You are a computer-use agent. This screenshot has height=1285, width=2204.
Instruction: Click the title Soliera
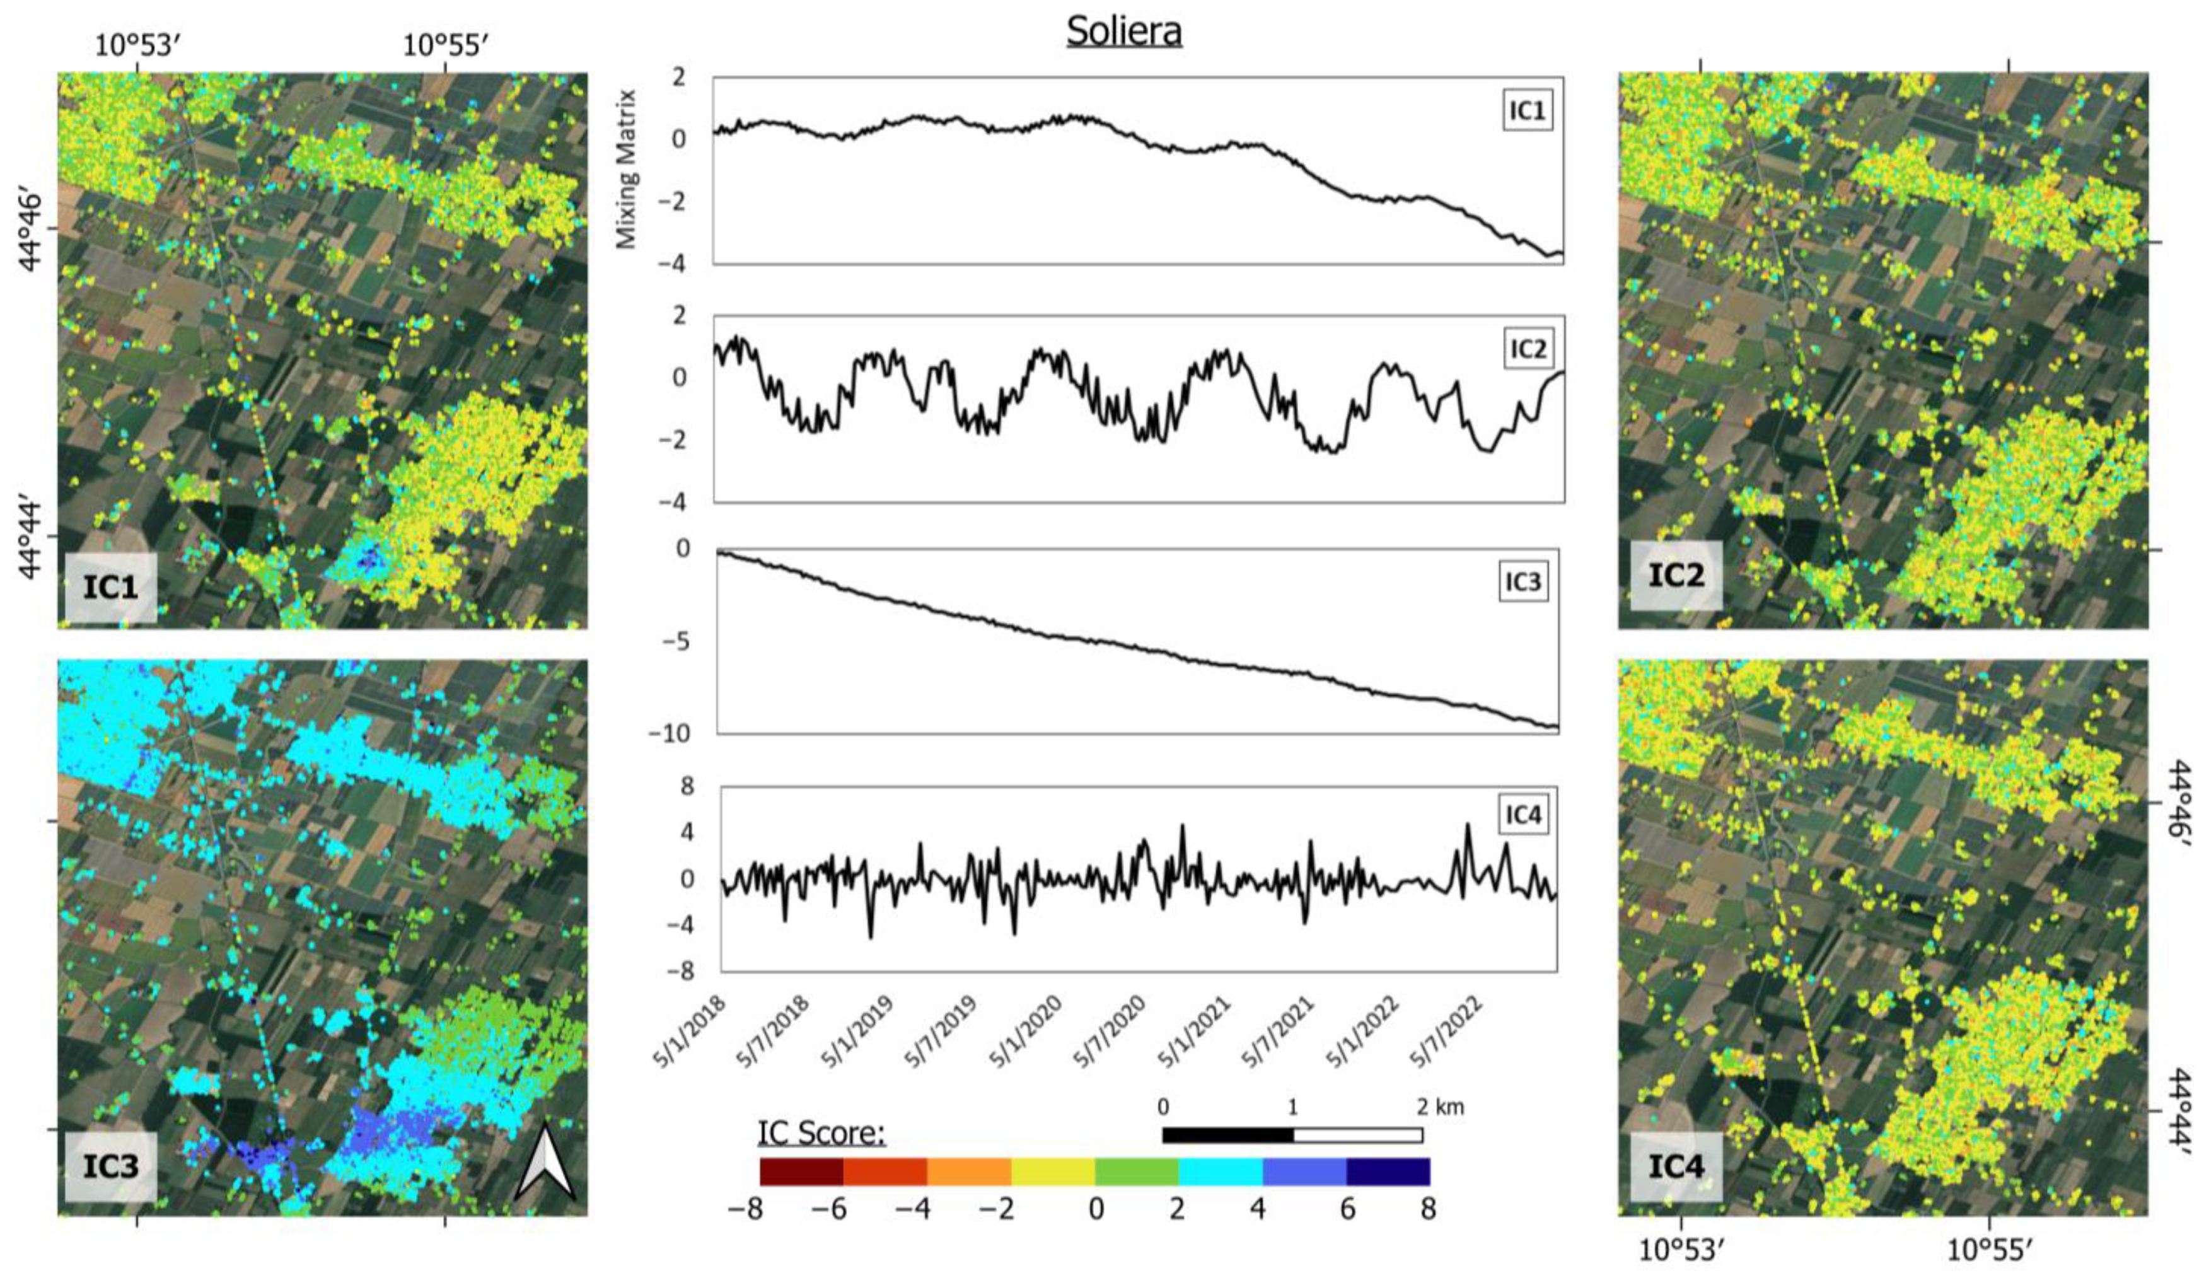tap(1124, 32)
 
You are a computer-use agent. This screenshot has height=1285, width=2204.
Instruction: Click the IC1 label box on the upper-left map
tap(111, 587)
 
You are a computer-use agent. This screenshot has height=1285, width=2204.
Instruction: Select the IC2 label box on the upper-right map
tap(1676, 576)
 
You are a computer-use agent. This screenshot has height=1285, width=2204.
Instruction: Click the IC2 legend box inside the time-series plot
tap(1528, 349)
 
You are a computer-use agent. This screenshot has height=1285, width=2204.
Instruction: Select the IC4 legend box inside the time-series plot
tap(1522, 815)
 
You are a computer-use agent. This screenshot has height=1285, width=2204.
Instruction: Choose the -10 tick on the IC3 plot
tap(669, 733)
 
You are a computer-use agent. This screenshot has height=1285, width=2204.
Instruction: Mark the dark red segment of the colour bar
tap(801, 1172)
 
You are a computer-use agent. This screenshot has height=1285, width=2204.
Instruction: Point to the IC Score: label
tap(821, 1133)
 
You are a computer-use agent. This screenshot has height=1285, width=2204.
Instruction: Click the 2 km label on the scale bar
tap(1439, 1107)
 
